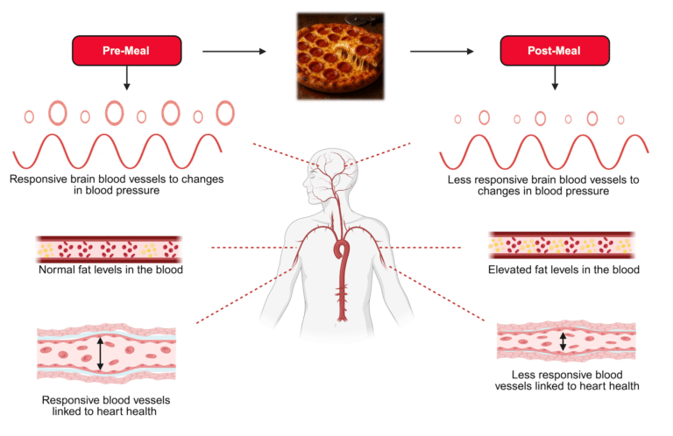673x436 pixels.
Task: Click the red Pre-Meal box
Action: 127,51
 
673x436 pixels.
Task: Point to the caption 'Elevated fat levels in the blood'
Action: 563,270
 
